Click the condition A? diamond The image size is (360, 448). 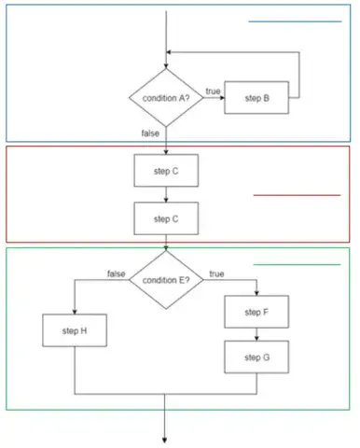point(166,98)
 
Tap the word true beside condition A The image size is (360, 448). point(213,91)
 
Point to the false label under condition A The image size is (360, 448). point(150,133)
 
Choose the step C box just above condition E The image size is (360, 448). point(166,218)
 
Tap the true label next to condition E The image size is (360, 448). point(217,273)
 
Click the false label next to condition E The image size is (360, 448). point(117,273)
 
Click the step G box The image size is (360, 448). point(257,357)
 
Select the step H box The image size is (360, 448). point(75,331)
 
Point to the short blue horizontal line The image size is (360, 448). point(295,21)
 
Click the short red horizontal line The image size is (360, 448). point(297,195)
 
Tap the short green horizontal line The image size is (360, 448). point(297,265)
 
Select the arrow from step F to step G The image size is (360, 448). point(257,333)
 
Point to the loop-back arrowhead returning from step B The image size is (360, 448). point(172,52)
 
